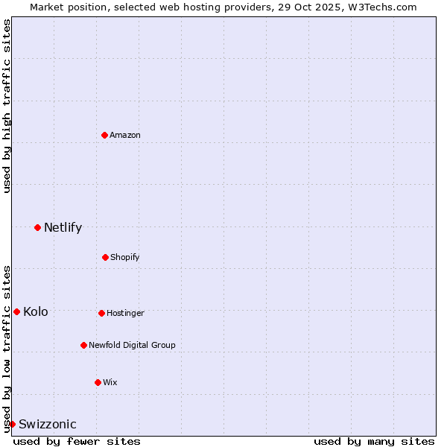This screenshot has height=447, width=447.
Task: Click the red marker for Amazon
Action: tap(105, 135)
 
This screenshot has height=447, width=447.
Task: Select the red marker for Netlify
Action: tap(37, 227)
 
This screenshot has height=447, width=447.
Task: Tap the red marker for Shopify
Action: tap(105, 257)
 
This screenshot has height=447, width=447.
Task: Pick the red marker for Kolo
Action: tap(16, 311)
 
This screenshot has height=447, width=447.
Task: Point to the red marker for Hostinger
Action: tap(101, 313)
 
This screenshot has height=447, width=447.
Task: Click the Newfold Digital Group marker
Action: tap(83, 345)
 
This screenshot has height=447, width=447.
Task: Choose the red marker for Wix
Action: tap(98, 382)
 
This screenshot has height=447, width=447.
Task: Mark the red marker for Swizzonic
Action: tap(12, 424)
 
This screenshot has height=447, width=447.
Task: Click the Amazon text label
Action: tap(125, 135)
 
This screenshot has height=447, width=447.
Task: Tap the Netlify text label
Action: tap(63, 227)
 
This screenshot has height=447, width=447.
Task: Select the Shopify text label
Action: tap(125, 257)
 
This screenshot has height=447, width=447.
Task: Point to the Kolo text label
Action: tap(36, 311)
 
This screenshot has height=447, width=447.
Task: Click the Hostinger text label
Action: tap(125, 313)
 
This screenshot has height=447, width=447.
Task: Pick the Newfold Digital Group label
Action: tap(132, 345)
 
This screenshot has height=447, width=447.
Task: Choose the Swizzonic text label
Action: tap(48, 424)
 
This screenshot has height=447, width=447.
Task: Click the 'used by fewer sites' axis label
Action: tap(77, 441)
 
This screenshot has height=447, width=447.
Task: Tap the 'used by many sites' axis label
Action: tap(374, 441)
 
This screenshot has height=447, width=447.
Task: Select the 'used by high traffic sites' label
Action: tap(7, 106)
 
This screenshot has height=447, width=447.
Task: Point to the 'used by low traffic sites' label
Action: tap(7, 348)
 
